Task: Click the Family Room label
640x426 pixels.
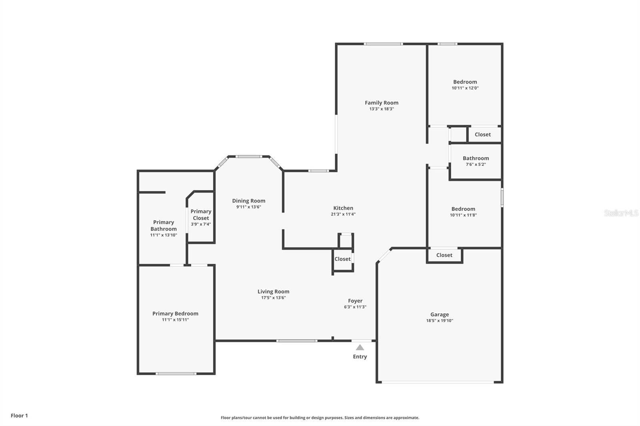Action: (x=382, y=103)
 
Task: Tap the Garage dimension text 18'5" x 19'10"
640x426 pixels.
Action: (x=440, y=320)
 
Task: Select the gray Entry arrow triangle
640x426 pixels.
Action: (x=360, y=348)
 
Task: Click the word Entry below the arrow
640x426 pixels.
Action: (x=360, y=356)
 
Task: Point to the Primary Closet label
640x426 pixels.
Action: (x=201, y=215)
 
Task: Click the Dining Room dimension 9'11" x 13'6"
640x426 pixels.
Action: (x=248, y=207)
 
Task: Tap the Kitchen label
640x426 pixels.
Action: (x=343, y=208)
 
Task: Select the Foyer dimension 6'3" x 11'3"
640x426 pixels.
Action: (x=355, y=307)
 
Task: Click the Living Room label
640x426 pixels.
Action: (x=274, y=291)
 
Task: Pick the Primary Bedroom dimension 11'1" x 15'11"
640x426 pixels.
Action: (x=175, y=320)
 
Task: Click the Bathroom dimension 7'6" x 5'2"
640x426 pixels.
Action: (x=476, y=165)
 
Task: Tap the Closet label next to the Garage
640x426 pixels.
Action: (x=444, y=255)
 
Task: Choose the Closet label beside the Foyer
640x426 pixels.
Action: (x=342, y=259)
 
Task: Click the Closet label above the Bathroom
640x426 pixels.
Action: (x=482, y=135)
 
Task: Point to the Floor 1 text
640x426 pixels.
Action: (x=20, y=416)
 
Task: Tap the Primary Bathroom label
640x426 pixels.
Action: (x=164, y=225)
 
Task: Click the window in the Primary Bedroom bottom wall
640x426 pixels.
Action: (x=176, y=374)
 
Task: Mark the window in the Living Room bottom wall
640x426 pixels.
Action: (x=296, y=340)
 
